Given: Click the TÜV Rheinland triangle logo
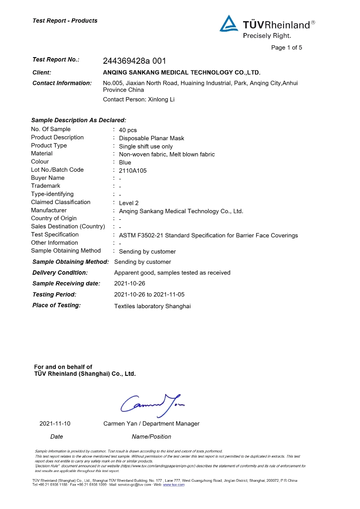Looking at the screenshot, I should [x=229, y=24].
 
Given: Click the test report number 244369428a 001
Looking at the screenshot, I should [x=135, y=61].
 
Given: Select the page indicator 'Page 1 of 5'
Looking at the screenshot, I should [x=287, y=47].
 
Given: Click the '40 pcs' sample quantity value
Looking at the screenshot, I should [x=128, y=130].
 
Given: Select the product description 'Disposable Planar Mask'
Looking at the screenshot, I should [x=152, y=138].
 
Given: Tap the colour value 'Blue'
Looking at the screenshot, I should [x=125, y=163].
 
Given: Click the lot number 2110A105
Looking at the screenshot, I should [x=133, y=171].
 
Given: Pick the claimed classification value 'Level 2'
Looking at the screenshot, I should [x=129, y=203].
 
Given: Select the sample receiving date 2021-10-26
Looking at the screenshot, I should [x=130, y=284].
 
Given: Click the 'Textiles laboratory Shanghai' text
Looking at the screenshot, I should [x=153, y=306].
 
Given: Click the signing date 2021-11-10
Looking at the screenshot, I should [x=55, y=424].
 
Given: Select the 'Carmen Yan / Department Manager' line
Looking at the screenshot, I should [x=151, y=424].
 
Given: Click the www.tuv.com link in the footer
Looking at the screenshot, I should [x=174, y=485].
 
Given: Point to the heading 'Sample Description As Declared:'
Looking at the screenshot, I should [x=79, y=120].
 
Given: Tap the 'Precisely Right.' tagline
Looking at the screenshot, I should [x=267, y=36].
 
